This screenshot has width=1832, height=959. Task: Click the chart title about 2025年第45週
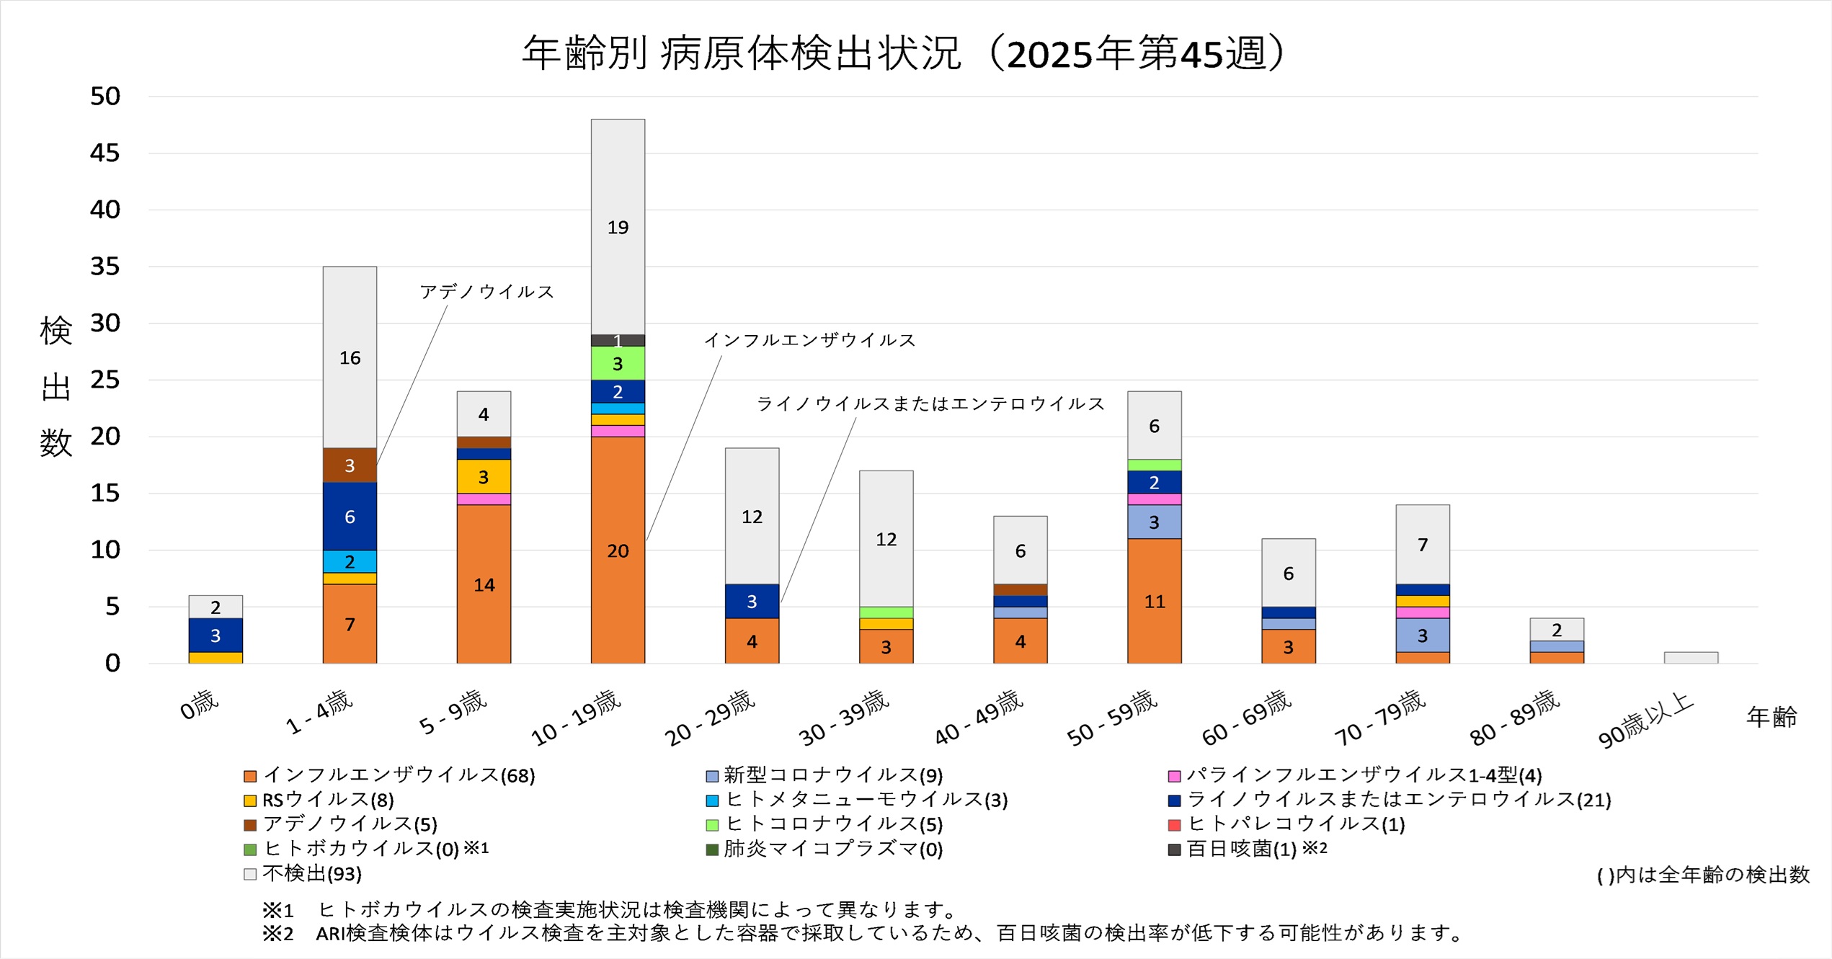pos(904,53)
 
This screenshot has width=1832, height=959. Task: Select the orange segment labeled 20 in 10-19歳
pos(618,550)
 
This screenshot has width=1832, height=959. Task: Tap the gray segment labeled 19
pos(618,227)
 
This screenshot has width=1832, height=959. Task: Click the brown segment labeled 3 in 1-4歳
pos(350,465)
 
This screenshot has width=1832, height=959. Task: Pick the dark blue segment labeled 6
pos(350,516)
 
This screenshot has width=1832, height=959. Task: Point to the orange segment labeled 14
pos(484,584)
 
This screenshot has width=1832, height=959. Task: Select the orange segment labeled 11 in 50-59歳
pos(1154,601)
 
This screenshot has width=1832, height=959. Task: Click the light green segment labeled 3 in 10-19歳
pos(618,363)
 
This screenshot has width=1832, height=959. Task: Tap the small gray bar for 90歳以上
pos(1691,658)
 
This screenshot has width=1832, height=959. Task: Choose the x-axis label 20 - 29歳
pos(710,717)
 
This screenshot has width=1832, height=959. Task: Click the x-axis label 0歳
pos(200,704)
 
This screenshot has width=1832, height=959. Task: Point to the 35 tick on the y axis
pos(105,267)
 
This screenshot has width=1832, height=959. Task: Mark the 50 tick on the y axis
pos(105,96)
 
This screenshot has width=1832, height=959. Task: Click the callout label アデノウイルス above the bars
pos(486,292)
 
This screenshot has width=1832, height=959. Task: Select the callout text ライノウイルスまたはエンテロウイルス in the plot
pos(930,403)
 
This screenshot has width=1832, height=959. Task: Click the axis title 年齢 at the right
pos(1772,717)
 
